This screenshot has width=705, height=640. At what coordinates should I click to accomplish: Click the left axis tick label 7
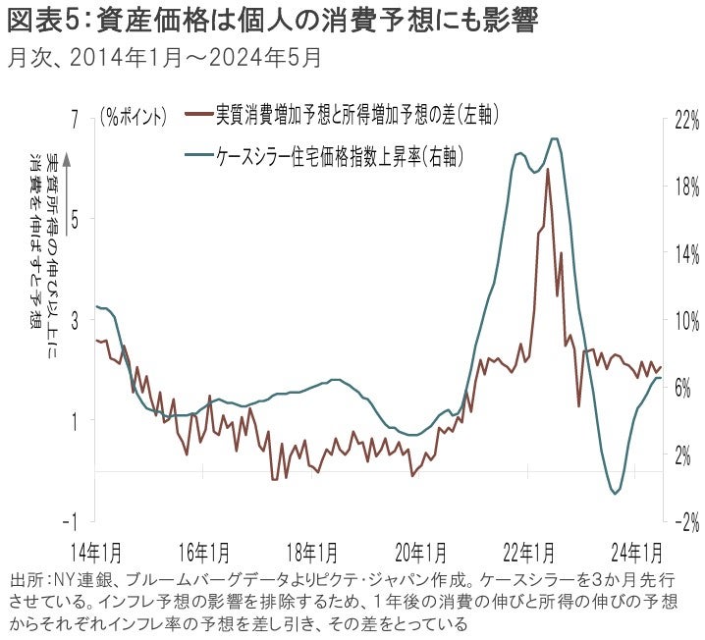tap(74, 116)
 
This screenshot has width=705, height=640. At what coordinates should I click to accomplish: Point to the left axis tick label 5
tap(74, 217)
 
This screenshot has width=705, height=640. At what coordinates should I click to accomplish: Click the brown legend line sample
tap(198, 116)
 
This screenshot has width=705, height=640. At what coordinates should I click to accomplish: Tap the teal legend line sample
tap(198, 154)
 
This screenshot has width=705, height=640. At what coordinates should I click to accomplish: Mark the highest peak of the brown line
tap(547, 170)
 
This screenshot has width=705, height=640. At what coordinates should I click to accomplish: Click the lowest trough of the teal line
tap(615, 493)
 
